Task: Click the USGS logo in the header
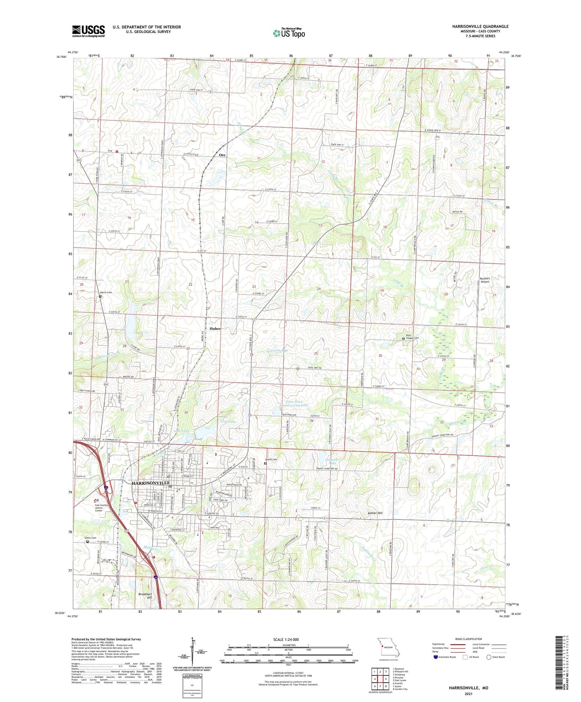pos(88,31)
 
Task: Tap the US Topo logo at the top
pos(288,33)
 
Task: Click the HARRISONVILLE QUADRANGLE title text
pos(480,27)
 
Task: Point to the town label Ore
pos(222,155)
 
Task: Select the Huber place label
pos(215,328)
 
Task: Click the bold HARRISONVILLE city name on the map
pos(151,483)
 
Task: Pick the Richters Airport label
pos(485,280)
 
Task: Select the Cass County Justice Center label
pos(101,508)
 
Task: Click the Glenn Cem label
pos(90,538)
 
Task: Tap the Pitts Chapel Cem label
pos(412,337)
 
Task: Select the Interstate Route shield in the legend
pos(437,657)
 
